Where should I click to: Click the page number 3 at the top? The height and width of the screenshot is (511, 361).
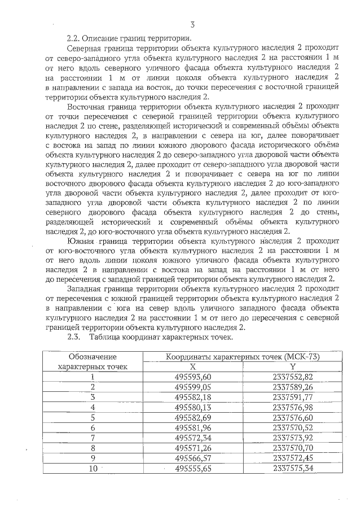pyautogui.click(x=193, y=25)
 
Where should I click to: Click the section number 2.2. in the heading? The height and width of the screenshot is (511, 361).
pyautogui.click(x=73, y=39)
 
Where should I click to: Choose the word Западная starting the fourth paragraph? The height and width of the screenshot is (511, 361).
pyautogui.click(x=85, y=288)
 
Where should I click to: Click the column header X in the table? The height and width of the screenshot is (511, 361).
pyautogui.click(x=193, y=366)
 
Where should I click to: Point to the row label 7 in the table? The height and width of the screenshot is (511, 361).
pyautogui.click(x=93, y=438)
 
